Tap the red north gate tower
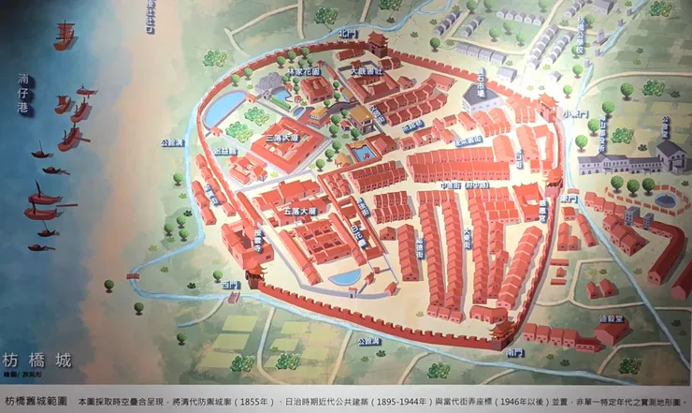(x=377, y=43)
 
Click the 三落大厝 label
(x=281, y=138)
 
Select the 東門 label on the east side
(x=568, y=199)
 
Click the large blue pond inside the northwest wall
(x=223, y=110)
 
